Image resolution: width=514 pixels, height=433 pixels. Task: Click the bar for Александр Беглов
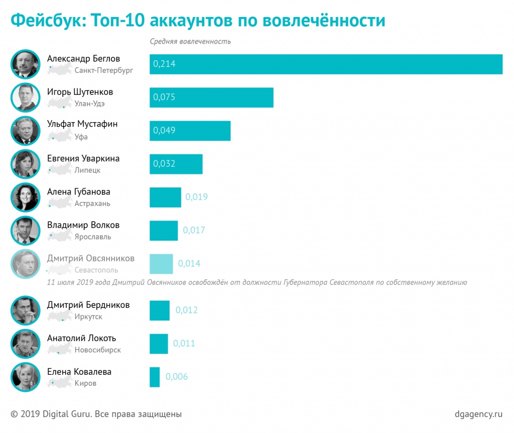pyautogui.click(x=326, y=64)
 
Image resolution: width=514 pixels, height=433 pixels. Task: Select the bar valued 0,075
pyautogui.click(x=211, y=97)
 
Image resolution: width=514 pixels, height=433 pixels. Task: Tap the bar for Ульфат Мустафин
pyautogui.click(x=190, y=131)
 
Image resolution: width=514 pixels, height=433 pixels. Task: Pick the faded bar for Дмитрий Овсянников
pyautogui.click(x=161, y=264)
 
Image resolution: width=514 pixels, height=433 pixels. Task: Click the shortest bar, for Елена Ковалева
pyautogui.click(x=155, y=377)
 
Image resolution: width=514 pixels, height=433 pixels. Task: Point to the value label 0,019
pyautogui.click(x=196, y=197)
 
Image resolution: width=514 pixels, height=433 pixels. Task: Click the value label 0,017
pyautogui.click(x=194, y=231)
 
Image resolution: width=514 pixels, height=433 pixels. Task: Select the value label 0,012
pyautogui.click(x=186, y=310)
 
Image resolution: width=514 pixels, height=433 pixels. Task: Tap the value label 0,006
pyautogui.click(x=176, y=377)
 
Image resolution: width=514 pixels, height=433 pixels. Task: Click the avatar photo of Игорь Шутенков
pyautogui.click(x=25, y=97)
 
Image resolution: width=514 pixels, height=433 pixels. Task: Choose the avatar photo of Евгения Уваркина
pyautogui.click(x=25, y=164)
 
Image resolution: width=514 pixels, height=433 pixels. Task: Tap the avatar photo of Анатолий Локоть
pyautogui.click(x=25, y=344)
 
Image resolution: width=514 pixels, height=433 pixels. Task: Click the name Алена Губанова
pyautogui.click(x=79, y=192)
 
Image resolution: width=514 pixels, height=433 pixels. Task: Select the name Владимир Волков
pyautogui.click(x=83, y=225)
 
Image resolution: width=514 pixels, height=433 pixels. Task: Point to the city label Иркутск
pyautogui.click(x=88, y=317)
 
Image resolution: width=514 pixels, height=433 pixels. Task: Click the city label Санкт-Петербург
pyautogui.click(x=104, y=70)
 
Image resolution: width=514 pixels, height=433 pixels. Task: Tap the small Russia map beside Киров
pyautogui.click(x=59, y=383)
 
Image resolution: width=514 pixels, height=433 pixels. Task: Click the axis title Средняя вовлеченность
pyautogui.click(x=190, y=41)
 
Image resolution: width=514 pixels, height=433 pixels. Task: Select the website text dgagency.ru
pyautogui.click(x=478, y=414)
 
